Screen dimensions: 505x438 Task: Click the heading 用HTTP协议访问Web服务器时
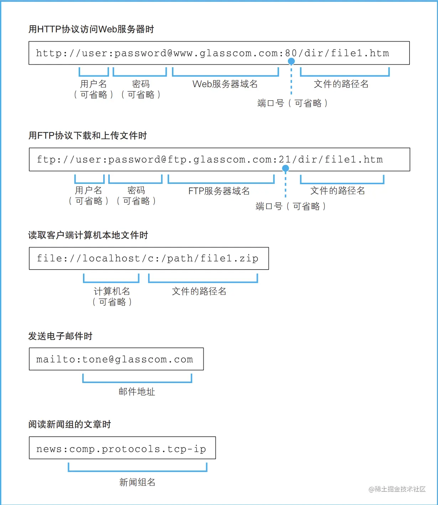(x=91, y=29)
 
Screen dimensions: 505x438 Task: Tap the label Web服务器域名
(x=225, y=84)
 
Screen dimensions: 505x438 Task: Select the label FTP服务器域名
(x=219, y=191)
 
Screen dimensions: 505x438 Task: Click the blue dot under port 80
(x=291, y=62)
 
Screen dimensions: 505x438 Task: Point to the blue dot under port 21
(x=285, y=169)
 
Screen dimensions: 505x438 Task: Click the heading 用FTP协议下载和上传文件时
(x=88, y=135)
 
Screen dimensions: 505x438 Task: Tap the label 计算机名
(x=112, y=292)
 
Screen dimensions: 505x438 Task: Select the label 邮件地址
(x=137, y=392)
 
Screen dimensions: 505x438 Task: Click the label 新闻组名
(x=137, y=482)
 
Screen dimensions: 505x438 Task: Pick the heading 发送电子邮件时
(x=60, y=336)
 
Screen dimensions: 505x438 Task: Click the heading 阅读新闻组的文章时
(x=70, y=424)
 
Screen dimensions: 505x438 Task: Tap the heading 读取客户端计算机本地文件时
(x=88, y=235)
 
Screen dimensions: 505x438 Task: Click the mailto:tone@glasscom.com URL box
(x=116, y=359)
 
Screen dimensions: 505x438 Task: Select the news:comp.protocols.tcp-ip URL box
(x=122, y=448)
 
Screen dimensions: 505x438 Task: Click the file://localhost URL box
(x=149, y=259)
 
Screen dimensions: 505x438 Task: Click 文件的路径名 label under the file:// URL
(x=199, y=292)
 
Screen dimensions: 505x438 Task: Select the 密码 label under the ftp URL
(x=136, y=191)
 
